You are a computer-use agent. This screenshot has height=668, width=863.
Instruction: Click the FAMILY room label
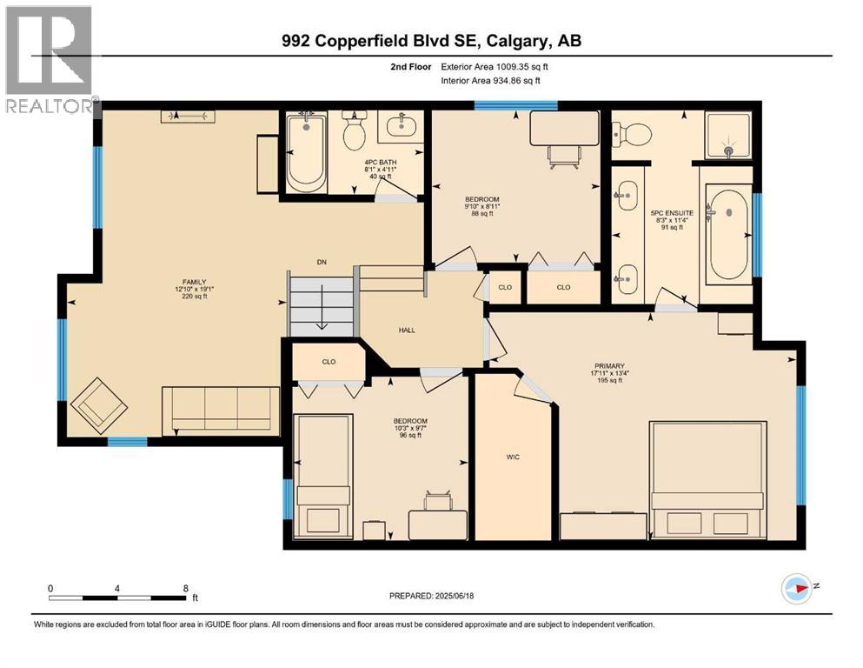195,282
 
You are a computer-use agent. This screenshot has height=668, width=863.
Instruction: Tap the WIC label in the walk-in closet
513,457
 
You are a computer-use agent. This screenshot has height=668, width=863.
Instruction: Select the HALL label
407,330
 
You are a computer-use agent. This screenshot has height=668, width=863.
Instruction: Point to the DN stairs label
322,262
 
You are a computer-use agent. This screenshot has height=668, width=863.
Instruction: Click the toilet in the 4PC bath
354,130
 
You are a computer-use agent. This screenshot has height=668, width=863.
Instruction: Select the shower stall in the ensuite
728,135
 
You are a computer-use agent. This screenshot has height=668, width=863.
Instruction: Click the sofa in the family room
221,411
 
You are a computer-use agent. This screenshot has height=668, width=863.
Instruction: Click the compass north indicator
798,588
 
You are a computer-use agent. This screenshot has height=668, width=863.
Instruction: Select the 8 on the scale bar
186,588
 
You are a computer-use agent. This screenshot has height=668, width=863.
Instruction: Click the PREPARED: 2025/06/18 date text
431,596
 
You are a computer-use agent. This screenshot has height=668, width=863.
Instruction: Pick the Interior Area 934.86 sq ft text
490,80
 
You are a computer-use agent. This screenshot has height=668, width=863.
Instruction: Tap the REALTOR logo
50,59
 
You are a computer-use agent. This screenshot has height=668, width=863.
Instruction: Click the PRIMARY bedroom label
609,365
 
